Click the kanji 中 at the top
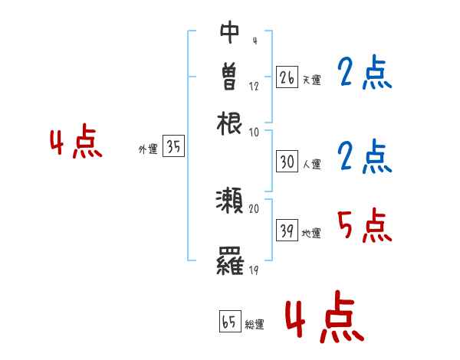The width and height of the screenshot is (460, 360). [x=230, y=32]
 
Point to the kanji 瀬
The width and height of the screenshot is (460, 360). [x=230, y=201]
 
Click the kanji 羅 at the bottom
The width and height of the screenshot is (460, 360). [x=230, y=263]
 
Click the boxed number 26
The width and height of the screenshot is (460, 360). [x=287, y=77]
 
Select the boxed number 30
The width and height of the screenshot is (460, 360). [x=287, y=162]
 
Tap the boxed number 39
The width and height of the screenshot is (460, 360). [x=287, y=231]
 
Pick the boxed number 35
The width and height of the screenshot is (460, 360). [x=173, y=148]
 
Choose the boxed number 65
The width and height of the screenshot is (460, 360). [x=229, y=322]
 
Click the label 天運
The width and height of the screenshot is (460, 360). [x=310, y=80]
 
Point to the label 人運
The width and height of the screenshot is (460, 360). [x=311, y=163]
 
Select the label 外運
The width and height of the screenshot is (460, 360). [x=148, y=150]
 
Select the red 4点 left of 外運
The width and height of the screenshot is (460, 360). [x=75, y=143]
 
